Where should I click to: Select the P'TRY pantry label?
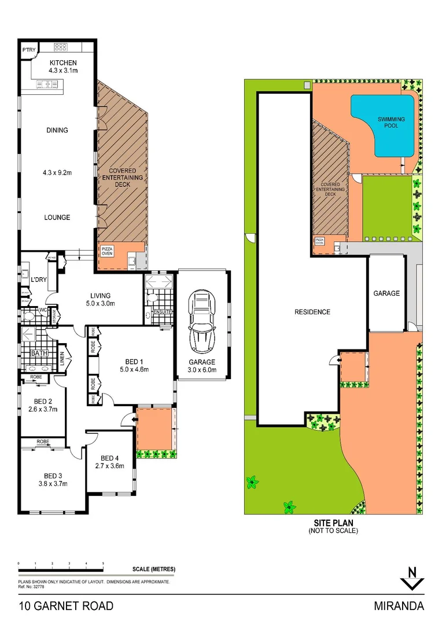(x=29, y=50)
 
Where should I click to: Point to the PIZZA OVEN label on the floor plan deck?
(x=109, y=251)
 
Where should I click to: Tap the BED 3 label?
(x=45, y=475)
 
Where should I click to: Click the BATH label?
(x=39, y=353)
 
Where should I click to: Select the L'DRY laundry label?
(x=39, y=280)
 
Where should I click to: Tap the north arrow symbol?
(x=412, y=579)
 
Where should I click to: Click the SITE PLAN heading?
(x=333, y=522)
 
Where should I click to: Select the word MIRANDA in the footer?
(x=399, y=606)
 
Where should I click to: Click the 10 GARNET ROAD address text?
(x=66, y=606)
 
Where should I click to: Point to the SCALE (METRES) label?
(x=153, y=569)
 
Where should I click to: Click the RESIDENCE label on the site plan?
(x=312, y=312)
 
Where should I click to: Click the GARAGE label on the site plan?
(x=386, y=293)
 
